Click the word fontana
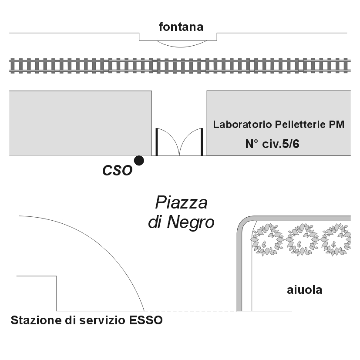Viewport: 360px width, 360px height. point(181,27)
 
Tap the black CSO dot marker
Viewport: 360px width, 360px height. point(139,160)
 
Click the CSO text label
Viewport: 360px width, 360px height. point(118,171)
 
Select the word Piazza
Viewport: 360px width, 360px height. point(182,202)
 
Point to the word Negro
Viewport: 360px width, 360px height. point(191,222)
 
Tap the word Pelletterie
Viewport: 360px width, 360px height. point(300,124)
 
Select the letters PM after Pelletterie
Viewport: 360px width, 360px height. point(336,124)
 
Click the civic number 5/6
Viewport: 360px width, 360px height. point(290,144)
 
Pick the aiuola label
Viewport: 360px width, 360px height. point(304,290)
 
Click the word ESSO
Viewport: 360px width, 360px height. point(146,320)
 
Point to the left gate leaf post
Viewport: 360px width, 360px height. point(157,142)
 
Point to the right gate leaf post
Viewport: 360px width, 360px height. point(202,142)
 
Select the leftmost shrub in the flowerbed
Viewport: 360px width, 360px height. point(267,239)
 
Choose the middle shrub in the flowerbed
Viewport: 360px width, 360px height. point(303,239)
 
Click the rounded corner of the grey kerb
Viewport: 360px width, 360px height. point(243,223)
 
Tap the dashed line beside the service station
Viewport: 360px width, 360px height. point(190,311)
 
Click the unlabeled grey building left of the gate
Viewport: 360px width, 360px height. point(81,123)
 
